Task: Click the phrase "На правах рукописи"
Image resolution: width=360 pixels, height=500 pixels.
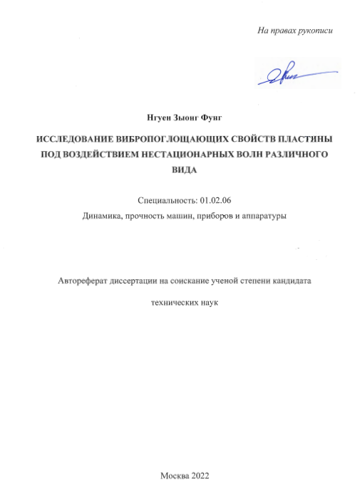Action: click(x=295, y=31)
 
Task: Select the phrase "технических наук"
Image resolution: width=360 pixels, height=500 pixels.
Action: click(x=180, y=302)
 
